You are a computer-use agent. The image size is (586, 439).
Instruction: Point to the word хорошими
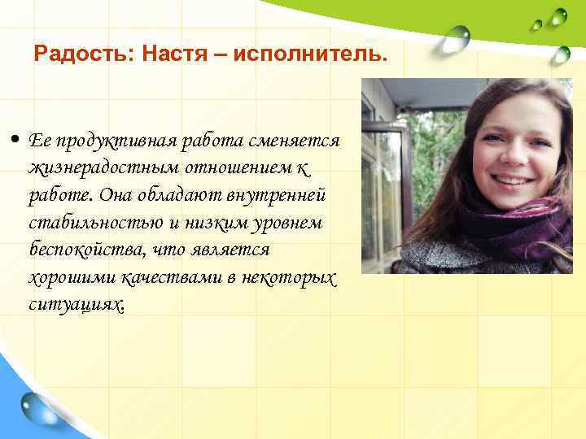tap(65, 277)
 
